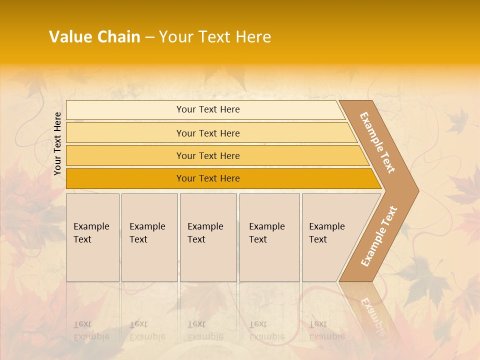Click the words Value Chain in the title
point(94,37)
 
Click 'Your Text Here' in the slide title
point(215,37)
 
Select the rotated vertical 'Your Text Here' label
point(57,144)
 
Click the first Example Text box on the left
point(92,237)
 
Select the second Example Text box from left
point(149,237)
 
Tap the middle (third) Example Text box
point(208,237)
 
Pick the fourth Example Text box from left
point(269,237)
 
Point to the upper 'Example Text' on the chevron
point(377,142)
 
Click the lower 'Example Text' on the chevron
point(379,236)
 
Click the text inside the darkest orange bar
point(208,178)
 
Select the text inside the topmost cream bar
point(208,109)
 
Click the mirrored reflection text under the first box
point(91,330)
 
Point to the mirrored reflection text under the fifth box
point(326,330)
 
